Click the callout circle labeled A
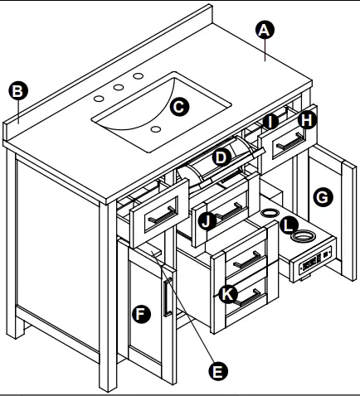click(265, 30)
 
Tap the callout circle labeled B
click(18, 91)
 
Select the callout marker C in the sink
click(179, 107)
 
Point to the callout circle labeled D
click(221, 157)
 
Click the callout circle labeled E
click(218, 371)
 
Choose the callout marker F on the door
click(141, 314)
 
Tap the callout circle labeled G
click(323, 197)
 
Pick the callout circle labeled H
click(307, 120)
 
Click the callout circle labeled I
click(270, 122)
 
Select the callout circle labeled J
click(207, 221)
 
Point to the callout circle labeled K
click(228, 294)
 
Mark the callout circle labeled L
click(289, 225)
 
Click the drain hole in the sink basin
click(156, 129)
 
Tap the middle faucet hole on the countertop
click(119, 87)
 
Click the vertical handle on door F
click(168, 297)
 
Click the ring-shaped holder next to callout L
click(303, 236)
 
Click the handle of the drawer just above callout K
click(248, 259)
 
